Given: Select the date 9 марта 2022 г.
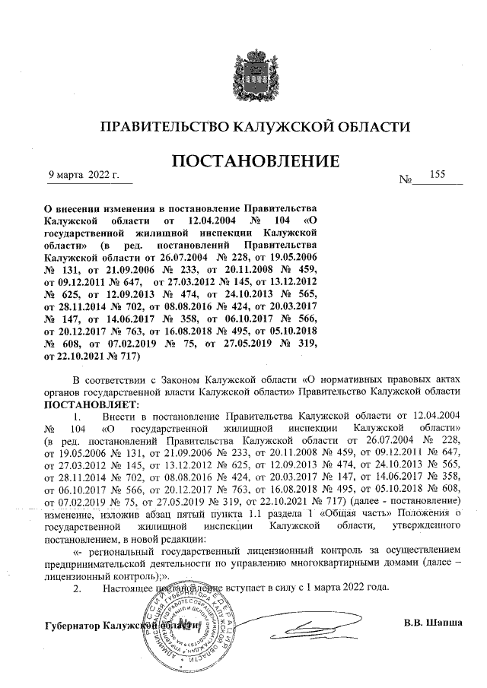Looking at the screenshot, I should point(84,176).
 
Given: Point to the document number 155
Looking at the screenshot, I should point(437,175).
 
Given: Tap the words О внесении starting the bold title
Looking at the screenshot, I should point(76,208).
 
